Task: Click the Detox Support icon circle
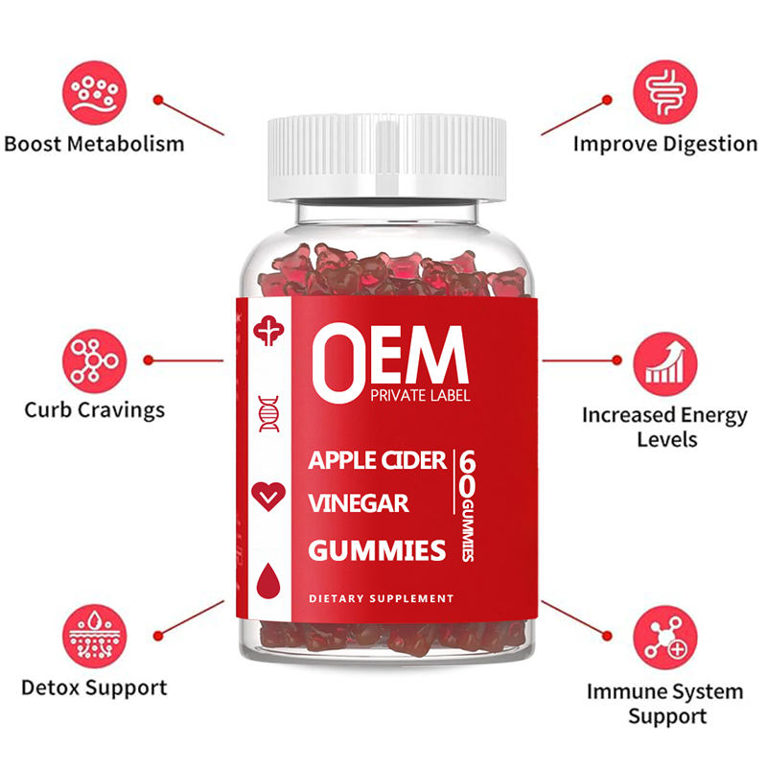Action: pos(94,629)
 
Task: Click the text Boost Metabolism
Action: pos(94,145)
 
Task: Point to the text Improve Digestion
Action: pos(665,144)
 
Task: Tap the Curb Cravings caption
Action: pos(94,409)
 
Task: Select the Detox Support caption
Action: pos(94,686)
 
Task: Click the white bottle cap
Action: pos(386,156)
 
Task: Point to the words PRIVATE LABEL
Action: pos(418,396)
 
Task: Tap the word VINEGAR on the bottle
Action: pos(359,503)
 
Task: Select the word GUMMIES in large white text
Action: pos(377,549)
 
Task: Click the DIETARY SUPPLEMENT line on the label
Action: pos(381,598)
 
